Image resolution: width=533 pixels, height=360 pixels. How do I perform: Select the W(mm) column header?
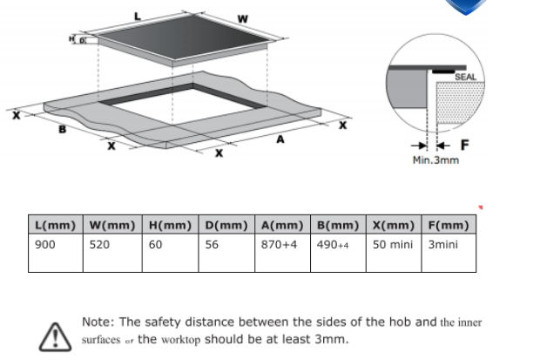coord(113,225)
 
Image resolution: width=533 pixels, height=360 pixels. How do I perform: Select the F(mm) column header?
coord(449,225)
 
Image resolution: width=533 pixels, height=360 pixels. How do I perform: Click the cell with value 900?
coord(45,245)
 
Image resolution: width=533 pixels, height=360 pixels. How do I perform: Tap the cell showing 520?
coord(100,245)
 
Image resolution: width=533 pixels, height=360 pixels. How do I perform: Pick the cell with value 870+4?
coord(280,245)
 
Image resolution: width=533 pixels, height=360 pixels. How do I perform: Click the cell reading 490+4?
coord(333,245)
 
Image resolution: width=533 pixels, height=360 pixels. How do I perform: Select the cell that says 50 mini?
coord(393,245)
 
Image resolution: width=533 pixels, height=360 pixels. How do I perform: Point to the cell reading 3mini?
coord(442,245)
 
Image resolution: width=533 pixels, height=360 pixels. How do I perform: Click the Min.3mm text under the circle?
coord(435,161)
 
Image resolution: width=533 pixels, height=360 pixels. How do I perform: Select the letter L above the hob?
coord(137,17)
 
